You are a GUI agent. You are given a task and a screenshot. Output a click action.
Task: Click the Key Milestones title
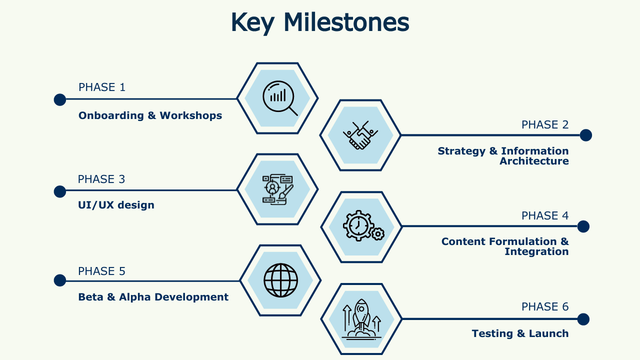point(320,23)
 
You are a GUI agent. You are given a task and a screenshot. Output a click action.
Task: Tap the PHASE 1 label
point(102,87)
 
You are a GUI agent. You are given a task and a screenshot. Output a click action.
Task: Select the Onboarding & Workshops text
point(150,115)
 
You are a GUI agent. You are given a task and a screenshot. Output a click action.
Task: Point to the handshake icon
point(360,135)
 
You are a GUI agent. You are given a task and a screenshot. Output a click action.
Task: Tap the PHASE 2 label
point(545,124)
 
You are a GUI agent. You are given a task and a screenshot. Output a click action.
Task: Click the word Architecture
point(534,161)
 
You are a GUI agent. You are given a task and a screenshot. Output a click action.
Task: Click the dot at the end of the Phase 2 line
point(585,135)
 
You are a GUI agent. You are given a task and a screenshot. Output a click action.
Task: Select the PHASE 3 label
point(101,179)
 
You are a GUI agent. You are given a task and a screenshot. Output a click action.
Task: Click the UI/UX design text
point(116,205)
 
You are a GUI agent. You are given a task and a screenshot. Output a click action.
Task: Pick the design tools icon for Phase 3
point(277,189)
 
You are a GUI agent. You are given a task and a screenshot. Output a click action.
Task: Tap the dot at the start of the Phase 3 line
point(60,191)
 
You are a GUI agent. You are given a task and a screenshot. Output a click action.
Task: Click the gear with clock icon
point(363,225)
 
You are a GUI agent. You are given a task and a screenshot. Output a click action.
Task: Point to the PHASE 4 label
point(545,215)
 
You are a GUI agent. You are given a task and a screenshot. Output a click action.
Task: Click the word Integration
point(536,251)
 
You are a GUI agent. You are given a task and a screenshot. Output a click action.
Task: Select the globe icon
point(280,280)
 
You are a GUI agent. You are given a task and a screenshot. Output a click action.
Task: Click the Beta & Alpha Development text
point(153,297)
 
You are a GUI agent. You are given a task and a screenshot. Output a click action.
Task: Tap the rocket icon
point(361,319)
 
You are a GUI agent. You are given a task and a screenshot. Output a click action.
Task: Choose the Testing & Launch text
point(520,333)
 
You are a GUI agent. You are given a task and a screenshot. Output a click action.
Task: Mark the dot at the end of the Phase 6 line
point(583,319)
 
